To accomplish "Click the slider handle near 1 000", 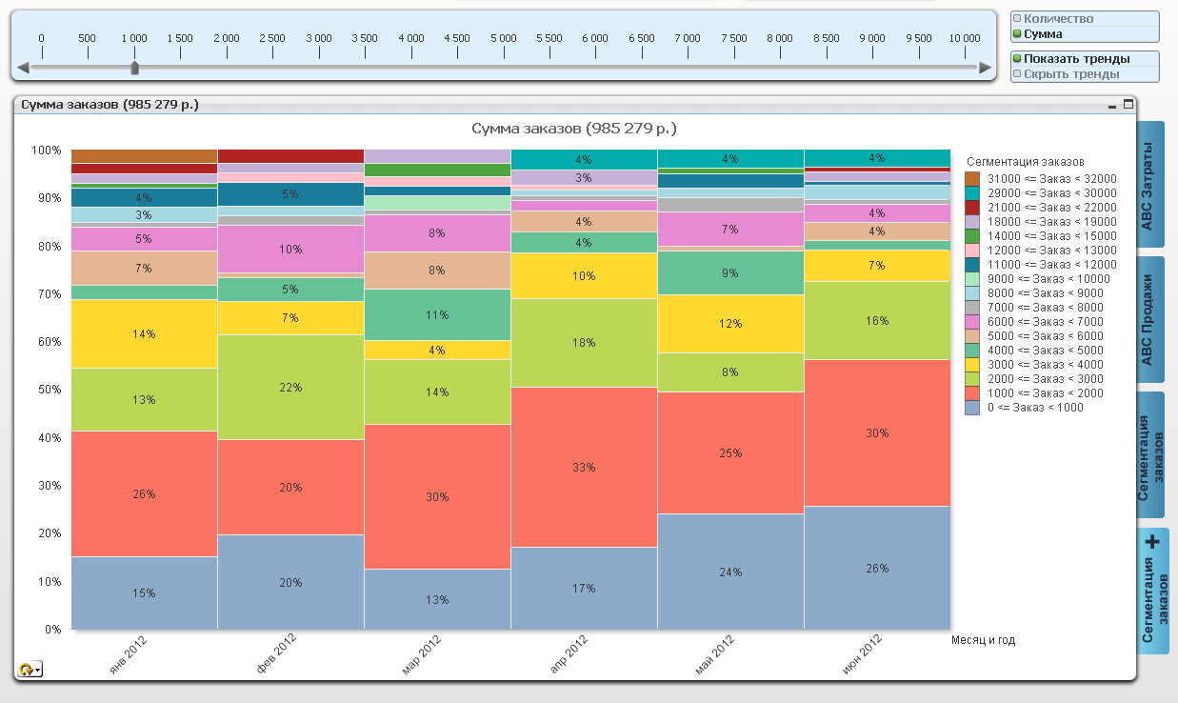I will tap(134, 68).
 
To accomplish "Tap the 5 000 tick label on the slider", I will tap(503, 38).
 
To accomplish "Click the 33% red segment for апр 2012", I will tap(584, 467).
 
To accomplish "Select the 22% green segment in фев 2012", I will tap(290, 387).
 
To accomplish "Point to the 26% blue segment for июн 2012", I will tap(877, 568).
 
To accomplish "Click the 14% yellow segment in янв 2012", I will tap(144, 333).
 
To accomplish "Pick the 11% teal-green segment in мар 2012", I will tap(437, 314).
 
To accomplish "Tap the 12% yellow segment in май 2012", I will tap(730, 324).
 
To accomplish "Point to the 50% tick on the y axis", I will tap(47, 390).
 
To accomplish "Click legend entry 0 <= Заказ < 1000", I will tap(1034, 408).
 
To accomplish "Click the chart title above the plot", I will tap(574, 129).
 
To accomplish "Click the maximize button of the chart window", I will tap(1129, 105).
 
